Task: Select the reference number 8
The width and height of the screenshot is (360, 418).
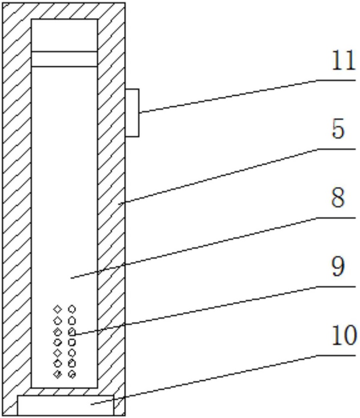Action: point(338,199)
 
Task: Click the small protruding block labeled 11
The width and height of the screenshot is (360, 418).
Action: point(132,113)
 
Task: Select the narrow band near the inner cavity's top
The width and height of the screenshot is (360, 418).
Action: point(64,59)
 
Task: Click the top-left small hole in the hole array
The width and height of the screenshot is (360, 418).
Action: point(58,309)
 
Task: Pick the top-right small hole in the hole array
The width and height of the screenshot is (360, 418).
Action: point(72,309)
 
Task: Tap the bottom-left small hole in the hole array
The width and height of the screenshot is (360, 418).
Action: point(58,374)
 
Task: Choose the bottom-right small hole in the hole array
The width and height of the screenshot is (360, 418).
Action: point(72,374)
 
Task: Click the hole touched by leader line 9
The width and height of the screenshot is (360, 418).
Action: point(72,331)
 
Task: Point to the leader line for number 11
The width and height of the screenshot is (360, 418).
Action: point(228,96)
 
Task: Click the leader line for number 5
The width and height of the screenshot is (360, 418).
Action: point(220,176)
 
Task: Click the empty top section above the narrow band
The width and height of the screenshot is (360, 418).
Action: point(64,35)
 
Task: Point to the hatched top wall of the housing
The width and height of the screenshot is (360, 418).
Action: point(64,10)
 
